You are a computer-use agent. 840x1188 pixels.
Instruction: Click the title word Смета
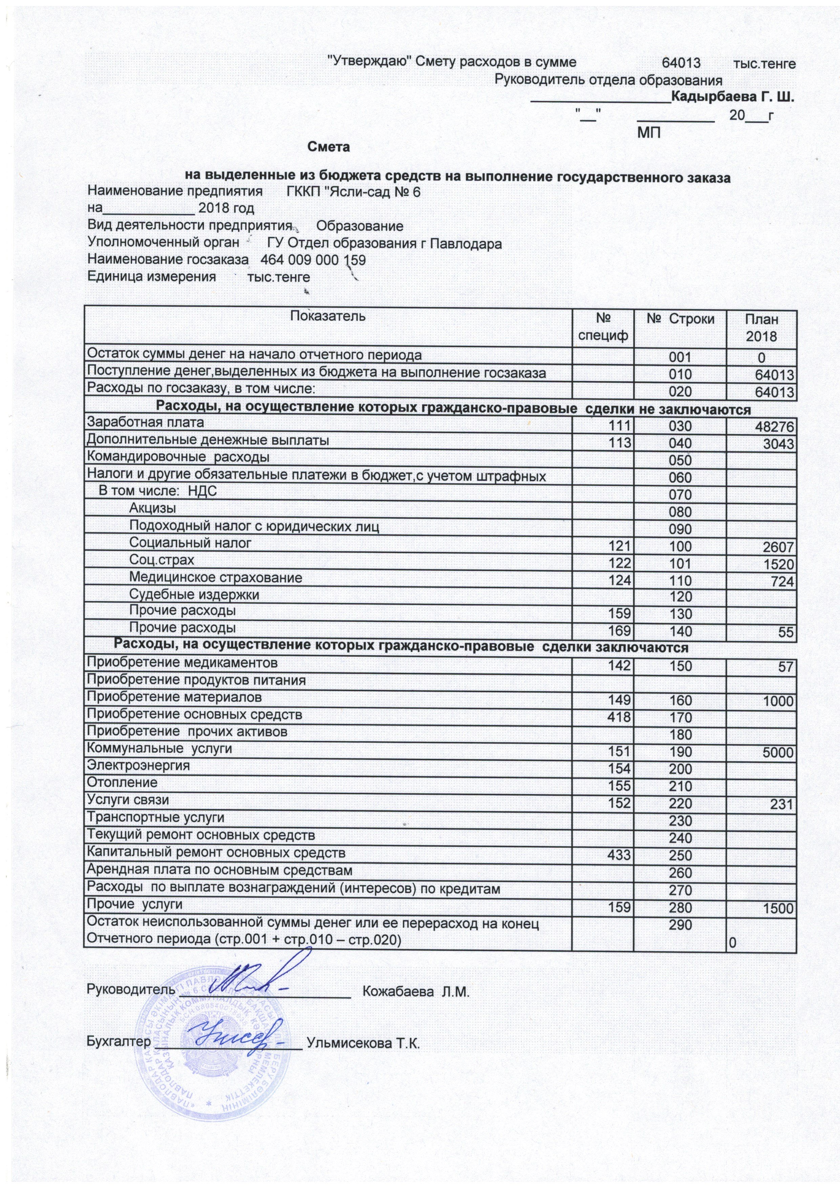pos(329,147)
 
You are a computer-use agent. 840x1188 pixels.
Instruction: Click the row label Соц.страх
pos(162,560)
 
